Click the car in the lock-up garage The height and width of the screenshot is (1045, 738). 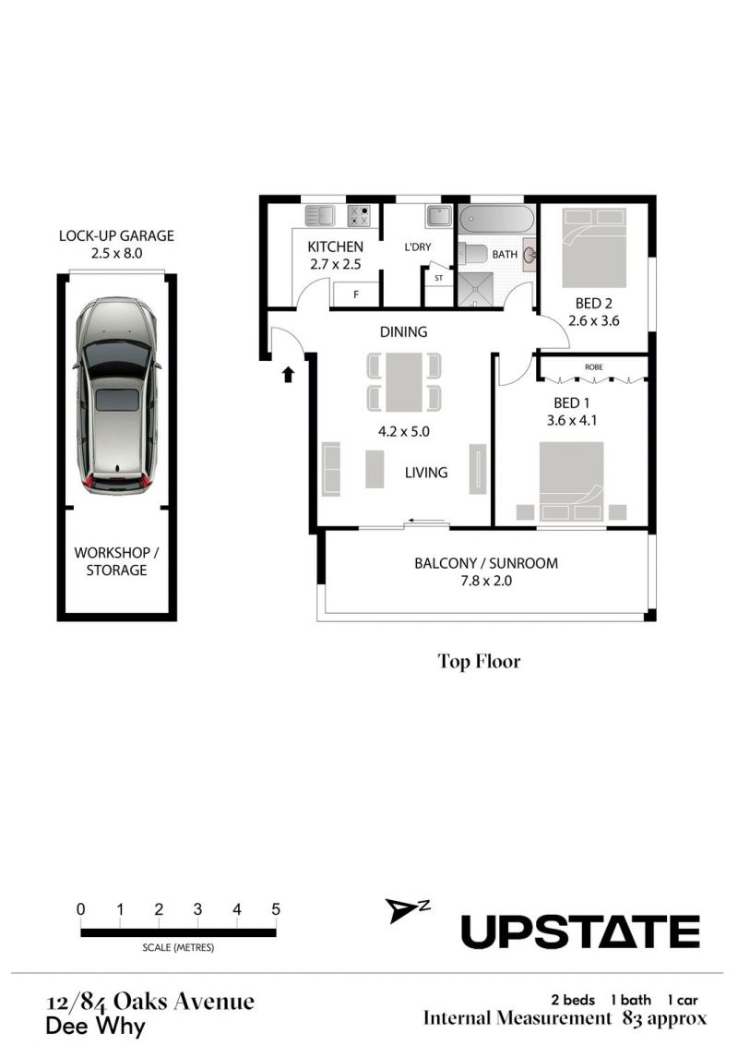117,396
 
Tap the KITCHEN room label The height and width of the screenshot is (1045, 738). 335,246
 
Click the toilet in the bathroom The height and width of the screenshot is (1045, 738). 472,254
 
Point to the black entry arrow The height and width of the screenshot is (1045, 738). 288,375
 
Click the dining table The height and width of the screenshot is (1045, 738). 404,382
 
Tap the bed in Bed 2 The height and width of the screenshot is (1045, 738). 593,247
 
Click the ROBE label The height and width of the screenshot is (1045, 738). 593,367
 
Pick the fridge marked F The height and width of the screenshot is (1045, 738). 356,294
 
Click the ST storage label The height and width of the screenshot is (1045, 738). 438,278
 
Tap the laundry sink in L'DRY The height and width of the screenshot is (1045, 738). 439,217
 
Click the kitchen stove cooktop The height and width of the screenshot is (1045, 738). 358,216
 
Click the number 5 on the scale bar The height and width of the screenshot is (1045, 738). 276,909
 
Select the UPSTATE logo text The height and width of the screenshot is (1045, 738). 580,931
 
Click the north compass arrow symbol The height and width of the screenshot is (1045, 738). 401,910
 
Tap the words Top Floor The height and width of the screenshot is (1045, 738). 479,661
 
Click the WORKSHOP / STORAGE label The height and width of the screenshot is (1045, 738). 116,561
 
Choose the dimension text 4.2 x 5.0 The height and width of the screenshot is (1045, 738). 404,431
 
